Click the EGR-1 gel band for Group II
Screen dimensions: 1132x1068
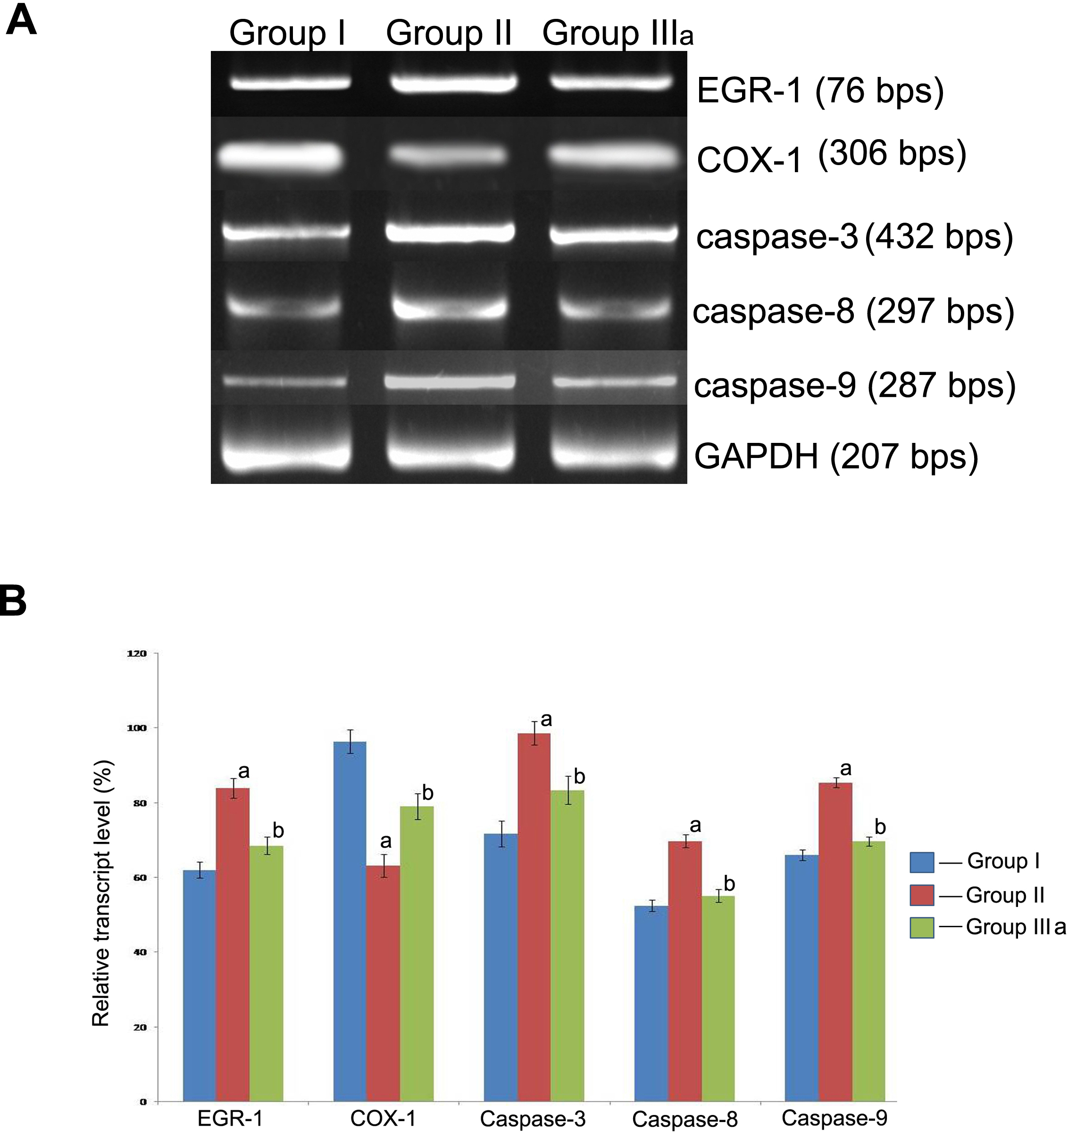pyautogui.click(x=453, y=83)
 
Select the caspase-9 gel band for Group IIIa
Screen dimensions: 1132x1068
pyautogui.click(x=615, y=382)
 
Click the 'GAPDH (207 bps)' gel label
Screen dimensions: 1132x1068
pyautogui.click(x=835, y=457)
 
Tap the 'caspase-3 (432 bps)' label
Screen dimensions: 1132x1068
pyautogui.click(x=854, y=237)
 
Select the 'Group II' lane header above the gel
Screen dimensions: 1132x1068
pyautogui.click(x=449, y=33)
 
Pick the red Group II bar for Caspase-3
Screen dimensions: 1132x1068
pyautogui.click(x=534, y=917)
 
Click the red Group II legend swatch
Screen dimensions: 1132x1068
pyautogui.click(x=922, y=895)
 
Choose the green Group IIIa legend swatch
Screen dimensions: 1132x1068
pyautogui.click(x=922, y=927)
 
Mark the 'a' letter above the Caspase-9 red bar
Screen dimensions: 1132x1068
pyautogui.click(x=846, y=769)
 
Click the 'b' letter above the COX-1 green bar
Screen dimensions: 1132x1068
pyautogui.click(x=428, y=792)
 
